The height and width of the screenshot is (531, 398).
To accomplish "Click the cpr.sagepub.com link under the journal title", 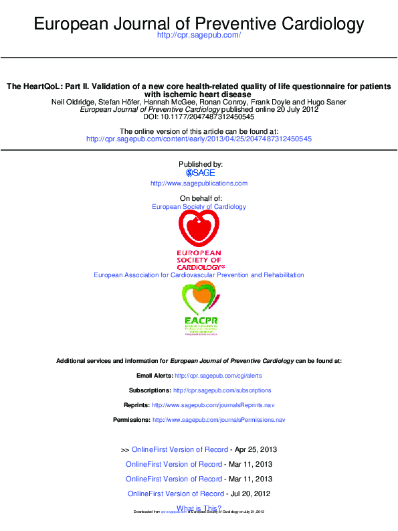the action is [198, 35].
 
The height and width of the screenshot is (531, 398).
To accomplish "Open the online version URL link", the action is [199, 139].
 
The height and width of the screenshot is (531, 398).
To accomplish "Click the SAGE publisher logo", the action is [199, 173].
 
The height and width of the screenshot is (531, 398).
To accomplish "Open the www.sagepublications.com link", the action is [199, 183].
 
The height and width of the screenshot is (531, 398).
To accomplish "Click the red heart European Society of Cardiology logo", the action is [199, 231].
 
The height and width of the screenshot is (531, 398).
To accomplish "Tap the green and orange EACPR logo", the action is [199, 307].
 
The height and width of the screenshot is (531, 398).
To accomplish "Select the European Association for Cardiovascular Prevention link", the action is [199, 275].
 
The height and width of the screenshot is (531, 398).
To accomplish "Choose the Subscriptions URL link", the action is [222, 390].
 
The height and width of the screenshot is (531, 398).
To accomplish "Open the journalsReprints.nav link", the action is [213, 405].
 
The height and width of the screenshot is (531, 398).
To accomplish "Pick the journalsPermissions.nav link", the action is [219, 420].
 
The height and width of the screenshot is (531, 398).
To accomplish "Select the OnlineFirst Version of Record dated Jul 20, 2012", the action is [175, 494].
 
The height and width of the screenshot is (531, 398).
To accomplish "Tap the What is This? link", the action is [199, 508].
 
